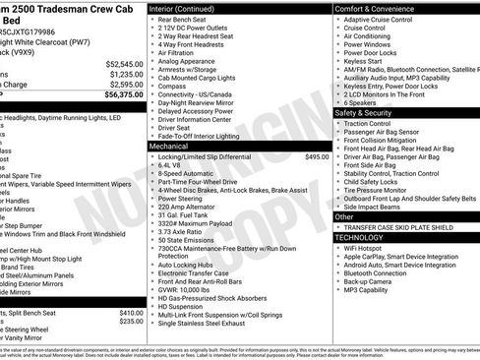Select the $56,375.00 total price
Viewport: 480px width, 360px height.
123,95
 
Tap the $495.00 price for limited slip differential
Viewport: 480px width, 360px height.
317,156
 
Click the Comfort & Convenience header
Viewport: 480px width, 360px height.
379,8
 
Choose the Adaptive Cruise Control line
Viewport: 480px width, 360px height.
384,20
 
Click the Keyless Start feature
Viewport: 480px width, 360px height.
368,62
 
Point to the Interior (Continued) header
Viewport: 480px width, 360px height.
194,8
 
